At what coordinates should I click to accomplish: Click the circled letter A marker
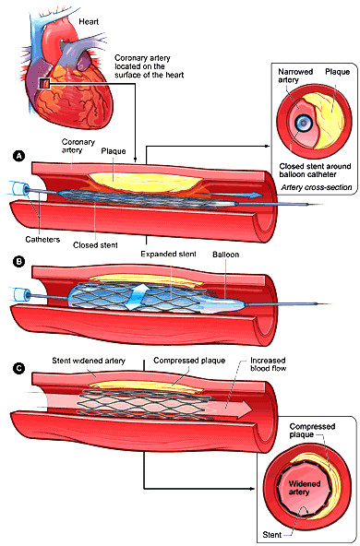[x=18, y=155]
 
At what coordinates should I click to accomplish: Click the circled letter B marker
[x=18, y=261]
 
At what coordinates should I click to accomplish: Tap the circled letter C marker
[x=18, y=372]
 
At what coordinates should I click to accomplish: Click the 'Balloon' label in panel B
[x=225, y=252]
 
